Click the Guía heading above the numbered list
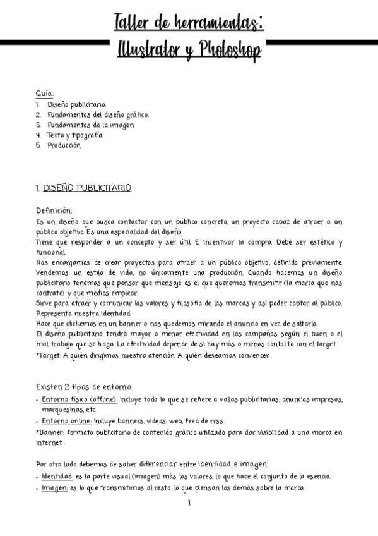point(45,94)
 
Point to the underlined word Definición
point(54,211)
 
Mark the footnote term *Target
point(49,355)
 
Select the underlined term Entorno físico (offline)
point(80,399)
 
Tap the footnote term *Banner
point(50,432)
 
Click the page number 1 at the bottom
point(189,503)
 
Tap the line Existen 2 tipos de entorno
point(84,387)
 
